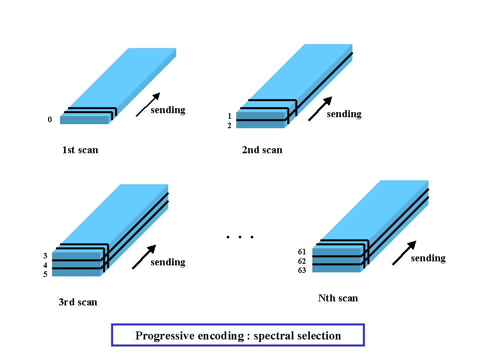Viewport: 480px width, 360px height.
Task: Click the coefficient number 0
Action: click(x=50, y=120)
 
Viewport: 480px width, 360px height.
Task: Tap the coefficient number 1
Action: click(x=230, y=116)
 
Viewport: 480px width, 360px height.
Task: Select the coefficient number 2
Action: click(x=229, y=126)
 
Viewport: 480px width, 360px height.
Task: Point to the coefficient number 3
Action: click(x=46, y=256)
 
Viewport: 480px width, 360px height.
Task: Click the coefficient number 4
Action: click(x=46, y=265)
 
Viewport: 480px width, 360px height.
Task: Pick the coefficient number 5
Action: click(x=46, y=274)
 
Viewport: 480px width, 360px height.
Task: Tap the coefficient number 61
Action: click(x=302, y=252)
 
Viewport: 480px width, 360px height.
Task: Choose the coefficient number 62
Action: click(x=302, y=261)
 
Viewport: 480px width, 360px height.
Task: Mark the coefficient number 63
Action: click(x=302, y=270)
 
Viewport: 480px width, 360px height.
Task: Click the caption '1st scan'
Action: click(x=80, y=150)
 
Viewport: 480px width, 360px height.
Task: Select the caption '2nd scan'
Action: click(x=262, y=150)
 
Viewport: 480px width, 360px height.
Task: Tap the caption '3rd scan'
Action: click(x=78, y=302)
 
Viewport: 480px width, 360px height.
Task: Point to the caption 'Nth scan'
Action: click(x=338, y=298)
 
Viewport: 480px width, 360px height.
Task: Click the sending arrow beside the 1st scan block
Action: click(x=148, y=104)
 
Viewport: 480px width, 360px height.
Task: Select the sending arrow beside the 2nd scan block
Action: click(x=320, y=109)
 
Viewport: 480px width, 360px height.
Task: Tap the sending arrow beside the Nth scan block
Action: click(x=404, y=253)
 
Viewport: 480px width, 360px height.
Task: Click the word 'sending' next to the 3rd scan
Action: click(x=168, y=262)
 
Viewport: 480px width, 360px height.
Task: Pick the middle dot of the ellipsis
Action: click(x=240, y=237)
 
